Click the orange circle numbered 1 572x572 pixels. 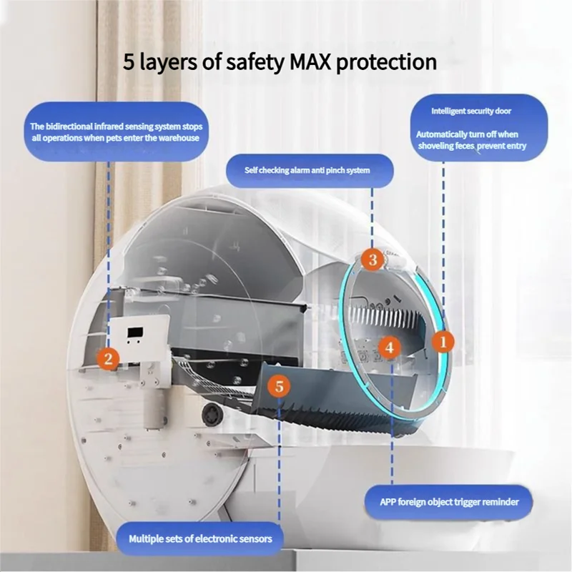pos(443,342)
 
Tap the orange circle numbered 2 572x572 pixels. pos(109,359)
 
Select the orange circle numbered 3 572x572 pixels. pos(373,260)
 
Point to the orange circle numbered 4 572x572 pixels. pos(389,347)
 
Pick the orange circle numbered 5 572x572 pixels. pos(279,386)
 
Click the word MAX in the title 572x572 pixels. pos(310,61)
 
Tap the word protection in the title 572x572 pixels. pos(386,62)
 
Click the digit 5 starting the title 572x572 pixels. pos(129,62)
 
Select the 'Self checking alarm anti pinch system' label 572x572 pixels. pos(307,170)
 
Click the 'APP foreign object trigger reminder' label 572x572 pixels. pos(449,502)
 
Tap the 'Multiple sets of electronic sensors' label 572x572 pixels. pos(200,539)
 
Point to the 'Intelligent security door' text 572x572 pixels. pos(471,111)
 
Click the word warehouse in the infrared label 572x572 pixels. pos(179,138)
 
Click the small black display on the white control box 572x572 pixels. pos(135,332)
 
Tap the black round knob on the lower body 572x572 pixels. pos(211,415)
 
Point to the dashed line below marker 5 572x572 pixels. pos(279,460)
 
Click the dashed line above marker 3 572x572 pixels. pos(372,218)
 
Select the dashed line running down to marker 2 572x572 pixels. pos(109,255)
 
